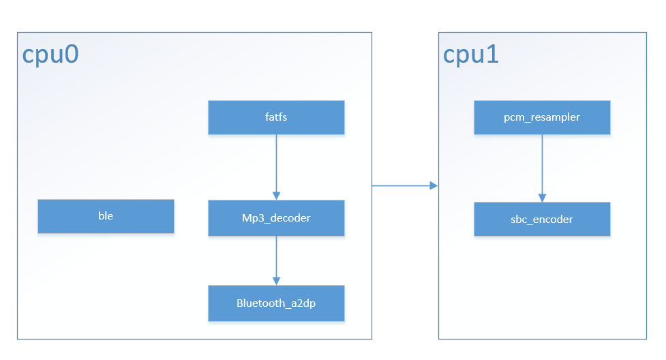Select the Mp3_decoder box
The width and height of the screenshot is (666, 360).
coord(276,218)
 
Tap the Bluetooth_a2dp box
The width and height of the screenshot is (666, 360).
coord(276,303)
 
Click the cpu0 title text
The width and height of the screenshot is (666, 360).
coord(50,55)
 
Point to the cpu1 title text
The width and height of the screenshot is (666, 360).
coord(471,55)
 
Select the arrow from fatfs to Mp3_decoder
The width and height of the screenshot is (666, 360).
coord(276,164)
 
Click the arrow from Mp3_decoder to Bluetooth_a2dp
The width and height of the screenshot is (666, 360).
coord(276,259)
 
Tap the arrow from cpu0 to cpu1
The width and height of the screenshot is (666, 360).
coord(402,185)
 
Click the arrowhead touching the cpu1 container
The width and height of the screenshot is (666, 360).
coord(434,185)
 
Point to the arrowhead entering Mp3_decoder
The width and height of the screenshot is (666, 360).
coord(276,196)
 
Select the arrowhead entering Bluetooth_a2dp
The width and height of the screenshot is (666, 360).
coord(276,281)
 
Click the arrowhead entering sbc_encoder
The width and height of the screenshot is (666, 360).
coord(542,198)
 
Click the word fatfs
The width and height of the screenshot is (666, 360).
coord(276,117)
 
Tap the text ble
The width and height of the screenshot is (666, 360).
coord(106,216)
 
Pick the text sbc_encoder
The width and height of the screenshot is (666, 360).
coord(542,220)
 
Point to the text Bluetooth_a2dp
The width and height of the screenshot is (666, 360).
coord(276,303)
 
